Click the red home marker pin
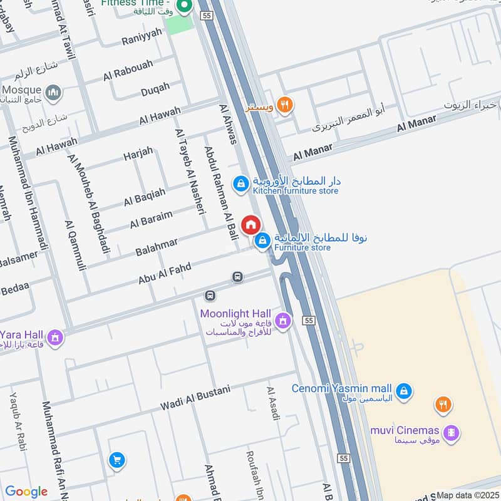click(250, 225)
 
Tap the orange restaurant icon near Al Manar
click(285, 105)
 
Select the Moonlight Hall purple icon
click(282, 321)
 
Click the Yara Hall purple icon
click(55, 338)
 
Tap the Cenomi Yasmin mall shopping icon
click(405, 390)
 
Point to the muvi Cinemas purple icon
click(450, 431)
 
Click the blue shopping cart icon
click(116, 461)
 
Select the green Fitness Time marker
click(184, 8)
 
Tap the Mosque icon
click(55, 93)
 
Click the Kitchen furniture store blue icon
click(240, 183)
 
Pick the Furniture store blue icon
click(263, 240)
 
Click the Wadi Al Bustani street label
click(195, 399)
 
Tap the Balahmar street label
click(157, 246)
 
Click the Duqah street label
click(155, 90)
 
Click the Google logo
click(26, 492)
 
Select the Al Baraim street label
click(151, 219)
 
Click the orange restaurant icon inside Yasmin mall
click(443, 405)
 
